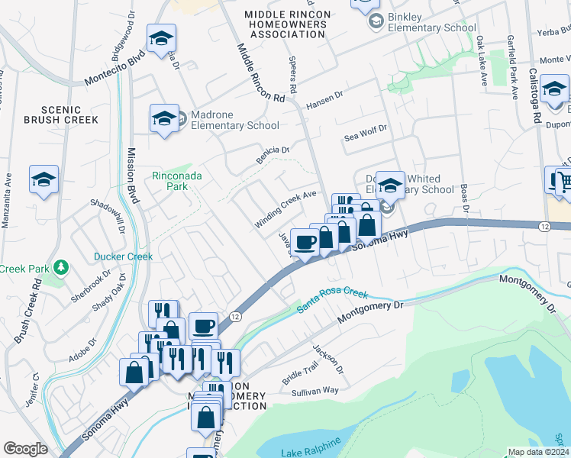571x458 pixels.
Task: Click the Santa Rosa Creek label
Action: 332,300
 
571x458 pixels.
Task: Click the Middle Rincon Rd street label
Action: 260,73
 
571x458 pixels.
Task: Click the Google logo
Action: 25,449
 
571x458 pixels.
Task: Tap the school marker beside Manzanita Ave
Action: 44,180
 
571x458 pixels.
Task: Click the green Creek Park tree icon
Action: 60,268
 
